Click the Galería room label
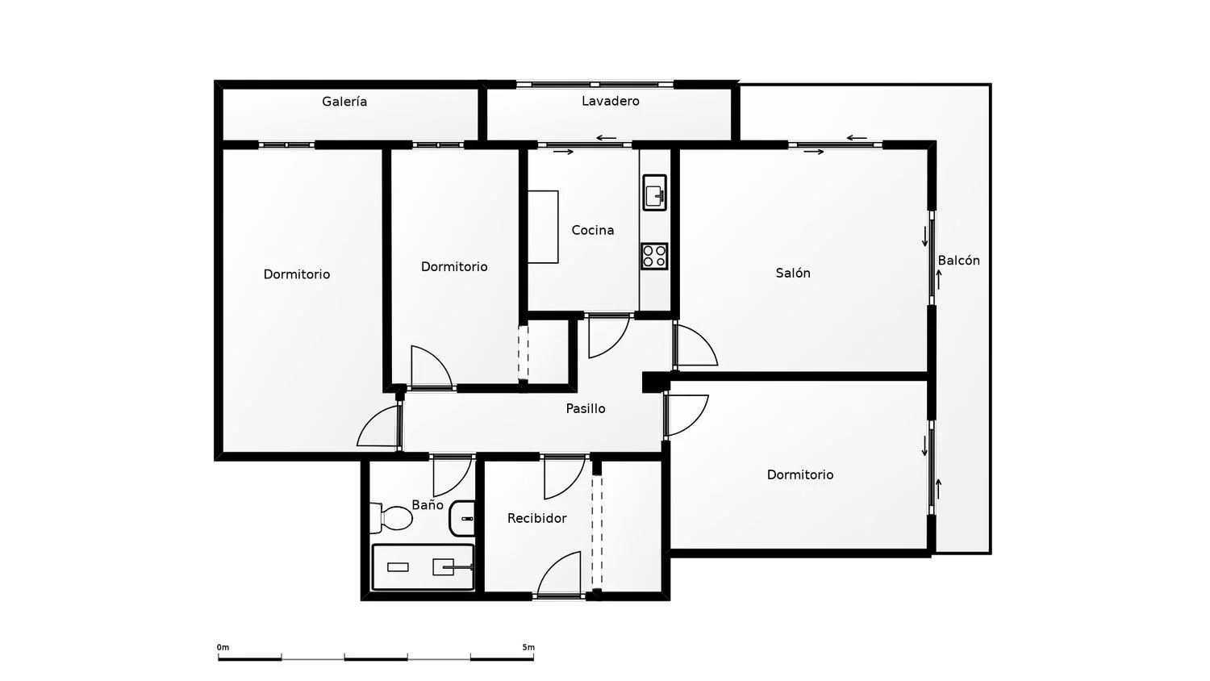[x=344, y=102]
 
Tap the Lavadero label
[x=611, y=101]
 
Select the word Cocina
[x=593, y=230]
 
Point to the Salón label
[x=793, y=273]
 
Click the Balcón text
[x=959, y=261]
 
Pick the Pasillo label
[x=586, y=408]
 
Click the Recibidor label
[x=537, y=518]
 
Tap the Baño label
[x=428, y=505]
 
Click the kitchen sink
[x=655, y=192]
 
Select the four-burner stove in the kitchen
[x=655, y=257]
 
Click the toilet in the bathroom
[x=391, y=518]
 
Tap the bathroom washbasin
[x=462, y=518]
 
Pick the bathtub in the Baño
[x=423, y=567]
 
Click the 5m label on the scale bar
[x=528, y=647]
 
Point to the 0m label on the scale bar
[x=223, y=647]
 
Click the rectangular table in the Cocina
[x=543, y=227]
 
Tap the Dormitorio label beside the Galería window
[x=297, y=274]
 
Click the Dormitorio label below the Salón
[x=800, y=474]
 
